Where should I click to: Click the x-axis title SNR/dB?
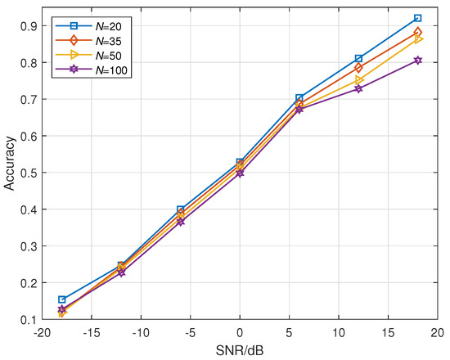pyautogui.click(x=240, y=350)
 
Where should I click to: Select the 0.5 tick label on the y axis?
pyautogui.click(x=28, y=173)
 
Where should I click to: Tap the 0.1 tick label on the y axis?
pyautogui.click(x=28, y=319)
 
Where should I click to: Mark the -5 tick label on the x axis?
pyautogui.click(x=191, y=332)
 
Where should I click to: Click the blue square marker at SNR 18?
pyautogui.click(x=417, y=18)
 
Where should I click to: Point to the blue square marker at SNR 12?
pyautogui.click(x=358, y=59)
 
